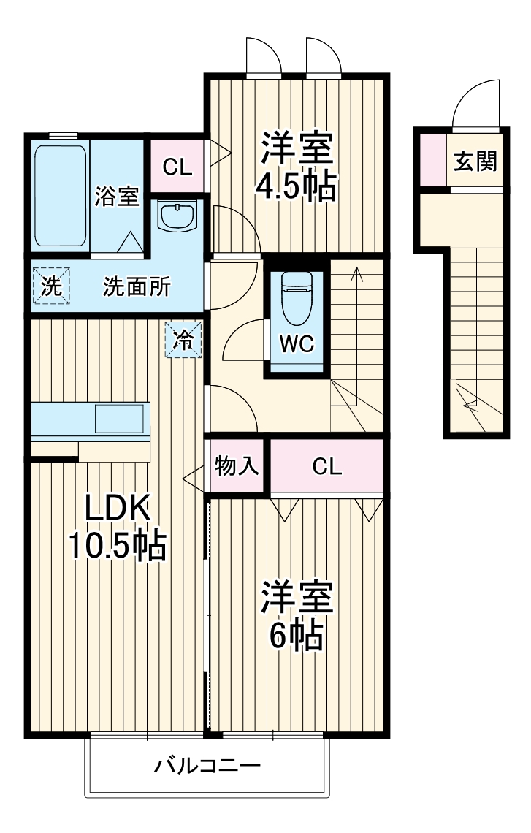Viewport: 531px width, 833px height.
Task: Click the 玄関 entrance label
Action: [475, 161]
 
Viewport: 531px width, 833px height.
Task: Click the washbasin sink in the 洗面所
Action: [177, 216]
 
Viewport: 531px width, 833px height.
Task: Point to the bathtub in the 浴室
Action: [61, 196]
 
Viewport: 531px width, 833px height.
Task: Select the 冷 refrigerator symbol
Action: [183, 340]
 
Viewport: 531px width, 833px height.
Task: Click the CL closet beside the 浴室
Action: [177, 167]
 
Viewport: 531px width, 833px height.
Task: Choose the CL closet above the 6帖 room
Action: [326, 467]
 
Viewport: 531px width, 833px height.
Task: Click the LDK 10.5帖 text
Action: [117, 528]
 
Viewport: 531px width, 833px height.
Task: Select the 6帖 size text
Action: [296, 637]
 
